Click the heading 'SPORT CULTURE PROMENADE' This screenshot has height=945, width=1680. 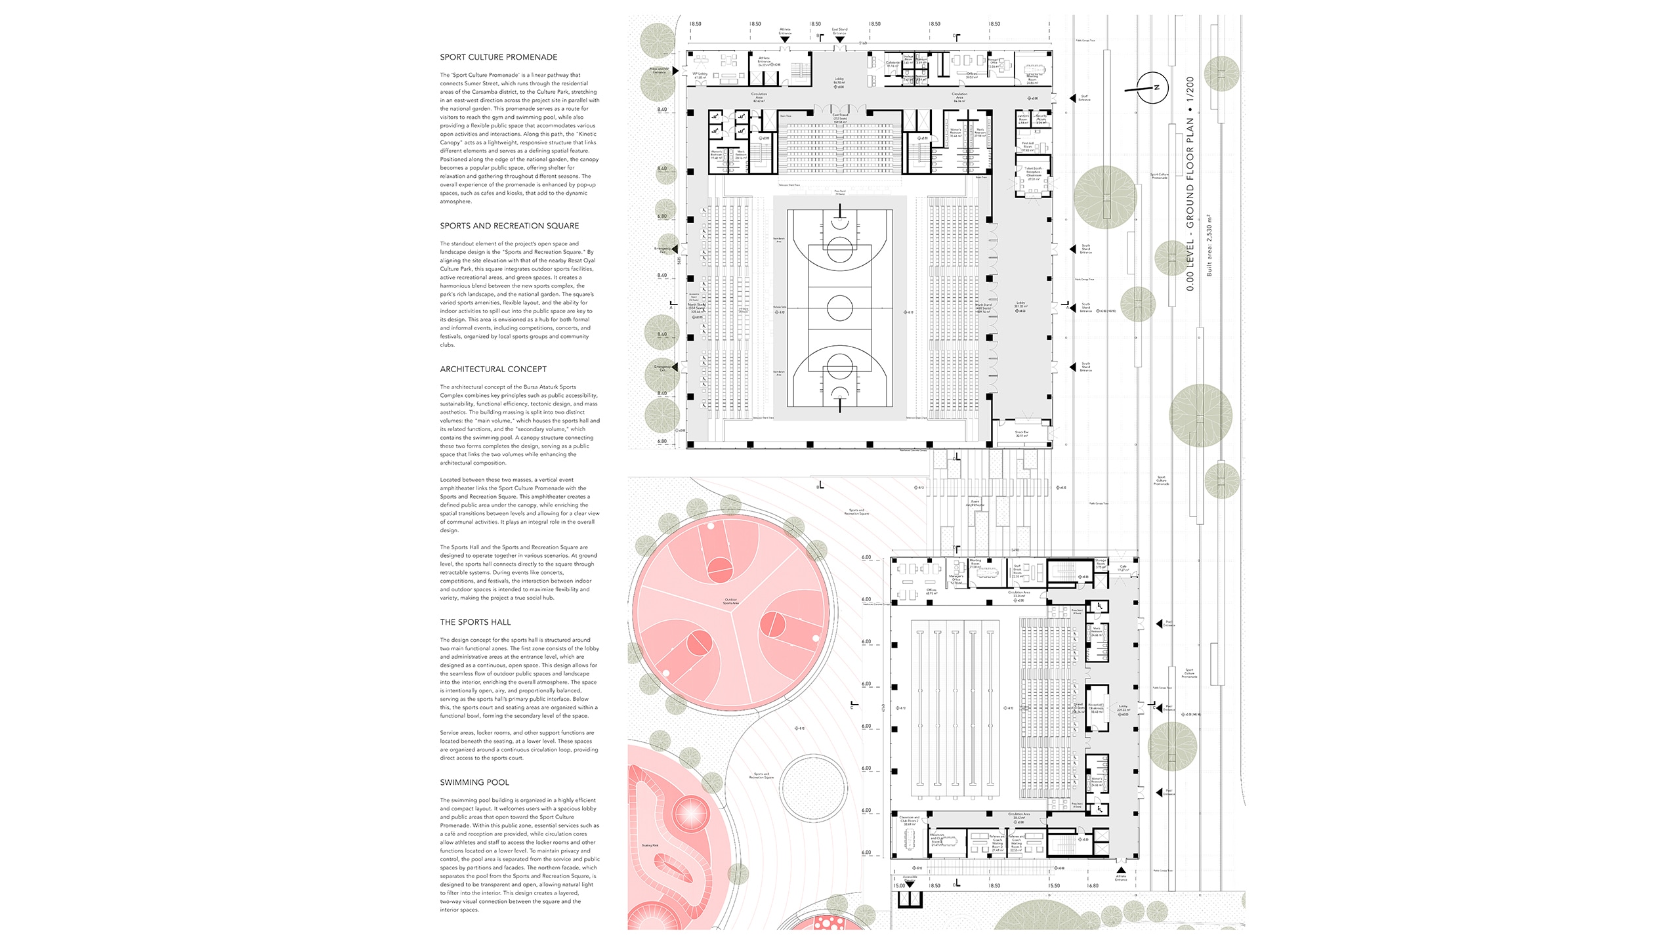tap(498, 57)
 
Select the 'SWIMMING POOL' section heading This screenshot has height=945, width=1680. tap(474, 782)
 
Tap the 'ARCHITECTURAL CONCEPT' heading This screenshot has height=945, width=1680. tap(493, 369)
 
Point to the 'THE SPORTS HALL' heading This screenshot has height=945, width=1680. tap(475, 622)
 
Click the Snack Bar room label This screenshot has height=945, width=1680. tap(1021, 434)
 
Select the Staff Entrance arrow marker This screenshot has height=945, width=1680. tap(1074, 98)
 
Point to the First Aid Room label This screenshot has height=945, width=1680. tap(1028, 147)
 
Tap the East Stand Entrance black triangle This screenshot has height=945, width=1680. tap(839, 40)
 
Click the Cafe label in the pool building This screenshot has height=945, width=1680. tap(1123, 568)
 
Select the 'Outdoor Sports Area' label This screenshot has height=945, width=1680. tap(731, 601)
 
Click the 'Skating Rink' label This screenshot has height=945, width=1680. tap(650, 845)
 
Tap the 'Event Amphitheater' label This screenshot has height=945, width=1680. tap(975, 503)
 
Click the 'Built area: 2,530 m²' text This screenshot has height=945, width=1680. tap(1209, 245)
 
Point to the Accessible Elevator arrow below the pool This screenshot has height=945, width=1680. tap(910, 885)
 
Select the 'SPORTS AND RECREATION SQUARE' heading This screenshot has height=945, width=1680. tap(509, 226)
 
